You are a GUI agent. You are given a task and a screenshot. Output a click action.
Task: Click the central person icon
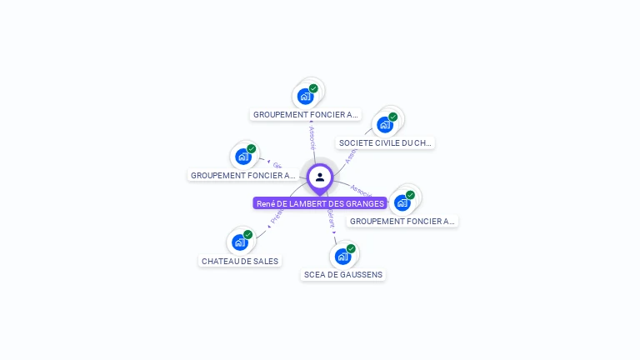pyautogui.click(x=320, y=177)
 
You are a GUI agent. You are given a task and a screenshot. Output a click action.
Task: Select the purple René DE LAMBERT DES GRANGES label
pyautogui.click(x=320, y=203)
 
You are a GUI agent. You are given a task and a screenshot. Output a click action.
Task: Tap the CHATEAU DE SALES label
pyautogui.click(x=240, y=261)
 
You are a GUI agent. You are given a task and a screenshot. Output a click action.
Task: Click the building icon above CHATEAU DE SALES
pyautogui.click(x=240, y=242)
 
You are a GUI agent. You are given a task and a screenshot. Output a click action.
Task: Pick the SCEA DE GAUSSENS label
pyautogui.click(x=343, y=274)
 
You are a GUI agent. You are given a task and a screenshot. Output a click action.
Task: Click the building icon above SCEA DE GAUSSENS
pyautogui.click(x=342, y=256)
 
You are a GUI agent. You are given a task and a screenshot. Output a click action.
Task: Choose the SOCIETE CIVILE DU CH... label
pyautogui.click(x=385, y=142)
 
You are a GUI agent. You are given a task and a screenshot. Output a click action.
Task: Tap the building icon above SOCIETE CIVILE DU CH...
pyautogui.click(x=384, y=125)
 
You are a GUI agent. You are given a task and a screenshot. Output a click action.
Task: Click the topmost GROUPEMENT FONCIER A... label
pyautogui.click(x=306, y=114)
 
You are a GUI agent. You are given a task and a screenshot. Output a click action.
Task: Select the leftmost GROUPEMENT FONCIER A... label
pyautogui.click(x=242, y=175)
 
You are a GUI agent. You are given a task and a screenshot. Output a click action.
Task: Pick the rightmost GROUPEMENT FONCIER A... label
pyautogui.click(x=402, y=221)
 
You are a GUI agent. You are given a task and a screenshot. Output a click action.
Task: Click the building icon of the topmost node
pyautogui.click(x=305, y=96)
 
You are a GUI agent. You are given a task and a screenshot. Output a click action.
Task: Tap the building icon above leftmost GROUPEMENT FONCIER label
pyautogui.click(x=242, y=157)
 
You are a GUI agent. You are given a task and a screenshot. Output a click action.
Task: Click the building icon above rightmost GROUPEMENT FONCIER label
pyautogui.click(x=402, y=202)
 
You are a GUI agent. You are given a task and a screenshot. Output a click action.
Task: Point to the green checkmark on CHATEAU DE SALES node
pyautogui.click(x=248, y=235)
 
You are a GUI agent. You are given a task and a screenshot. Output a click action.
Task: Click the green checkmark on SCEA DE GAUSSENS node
pyautogui.click(x=351, y=248)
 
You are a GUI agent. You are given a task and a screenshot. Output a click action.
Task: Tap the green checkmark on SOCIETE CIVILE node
pyautogui.click(x=393, y=117)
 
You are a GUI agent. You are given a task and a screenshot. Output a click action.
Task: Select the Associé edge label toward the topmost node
pyautogui.click(x=312, y=138)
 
